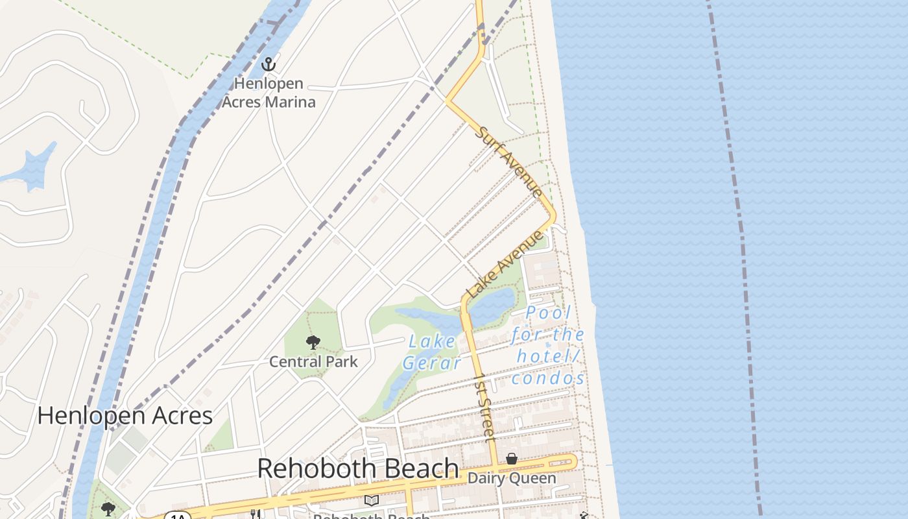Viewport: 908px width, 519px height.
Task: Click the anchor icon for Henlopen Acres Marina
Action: coord(269,64)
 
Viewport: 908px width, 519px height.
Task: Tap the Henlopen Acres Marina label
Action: coord(269,93)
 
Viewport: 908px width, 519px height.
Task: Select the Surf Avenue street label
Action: coord(509,162)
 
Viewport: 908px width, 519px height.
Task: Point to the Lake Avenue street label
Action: coord(506,263)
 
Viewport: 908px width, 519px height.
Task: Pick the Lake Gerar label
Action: coord(432,352)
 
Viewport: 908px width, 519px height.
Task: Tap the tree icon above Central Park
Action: coord(313,342)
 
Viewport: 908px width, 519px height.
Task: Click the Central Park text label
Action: coord(313,361)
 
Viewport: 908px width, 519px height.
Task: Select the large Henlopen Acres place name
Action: coord(125,416)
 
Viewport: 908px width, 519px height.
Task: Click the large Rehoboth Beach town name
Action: coord(358,468)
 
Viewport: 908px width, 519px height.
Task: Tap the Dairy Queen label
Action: coord(512,479)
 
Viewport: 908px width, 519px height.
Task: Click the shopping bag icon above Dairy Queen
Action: coord(512,459)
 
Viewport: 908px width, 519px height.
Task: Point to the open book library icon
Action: coord(371,500)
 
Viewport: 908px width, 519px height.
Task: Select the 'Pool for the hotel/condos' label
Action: coord(548,346)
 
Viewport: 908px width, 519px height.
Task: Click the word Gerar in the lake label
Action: coord(432,363)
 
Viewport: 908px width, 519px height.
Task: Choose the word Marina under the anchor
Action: coord(291,102)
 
